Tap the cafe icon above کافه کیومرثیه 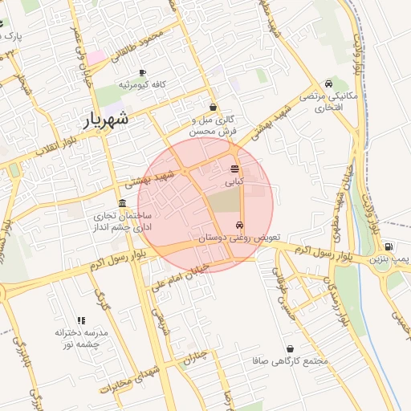142,72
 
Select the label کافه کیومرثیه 142,84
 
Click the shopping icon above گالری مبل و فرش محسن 213,107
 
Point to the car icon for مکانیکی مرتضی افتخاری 328,84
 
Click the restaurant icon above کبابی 234,169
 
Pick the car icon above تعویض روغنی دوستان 240,226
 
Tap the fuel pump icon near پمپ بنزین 389,246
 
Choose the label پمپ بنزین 389,259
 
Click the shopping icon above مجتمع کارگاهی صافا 290,349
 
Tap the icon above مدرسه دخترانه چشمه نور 80,320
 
